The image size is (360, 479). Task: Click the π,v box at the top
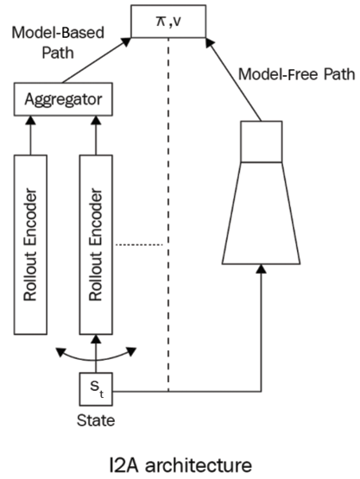168,22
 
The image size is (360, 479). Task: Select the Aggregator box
63,99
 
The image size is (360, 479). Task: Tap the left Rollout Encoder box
30,245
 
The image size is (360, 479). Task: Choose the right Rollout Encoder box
96,245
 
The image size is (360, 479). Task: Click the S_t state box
96,389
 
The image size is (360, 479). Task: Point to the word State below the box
96,420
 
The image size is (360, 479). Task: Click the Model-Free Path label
296,74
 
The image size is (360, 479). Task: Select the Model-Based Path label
58,42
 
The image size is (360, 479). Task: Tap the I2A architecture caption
180,464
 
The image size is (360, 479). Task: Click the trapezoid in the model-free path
261,213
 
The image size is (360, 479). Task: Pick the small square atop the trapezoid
262,142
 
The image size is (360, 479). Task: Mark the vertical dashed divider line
168,214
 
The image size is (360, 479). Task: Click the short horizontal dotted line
139,245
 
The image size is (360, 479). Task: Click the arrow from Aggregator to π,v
97,60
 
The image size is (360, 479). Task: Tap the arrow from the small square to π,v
233,79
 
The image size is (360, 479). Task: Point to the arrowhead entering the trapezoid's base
261,268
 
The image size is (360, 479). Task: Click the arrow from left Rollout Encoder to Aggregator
30,136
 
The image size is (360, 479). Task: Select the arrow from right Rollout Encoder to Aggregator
96,136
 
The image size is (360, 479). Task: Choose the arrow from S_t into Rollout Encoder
96,354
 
